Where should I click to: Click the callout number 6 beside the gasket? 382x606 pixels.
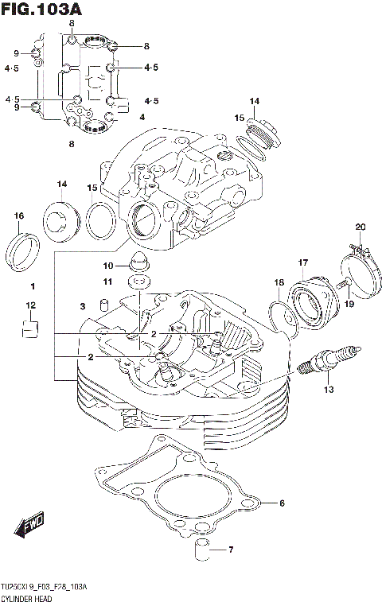pos(281,503)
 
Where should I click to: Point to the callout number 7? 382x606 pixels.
pos(230,550)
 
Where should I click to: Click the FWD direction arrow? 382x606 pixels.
pos(30,526)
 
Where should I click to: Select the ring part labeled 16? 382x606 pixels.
pos(22,250)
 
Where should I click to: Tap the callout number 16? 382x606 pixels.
pos(19,216)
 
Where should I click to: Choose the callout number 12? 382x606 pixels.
pos(30,305)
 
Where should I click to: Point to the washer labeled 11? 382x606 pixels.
pos(139,283)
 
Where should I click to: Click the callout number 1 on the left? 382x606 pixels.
pos(33,286)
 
